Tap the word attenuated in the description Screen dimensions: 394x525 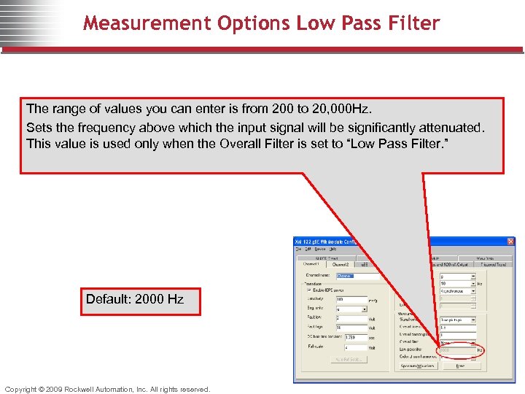(x=445, y=127)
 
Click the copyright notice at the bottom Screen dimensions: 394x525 (x=107, y=389)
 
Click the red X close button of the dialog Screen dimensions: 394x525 (x=510, y=242)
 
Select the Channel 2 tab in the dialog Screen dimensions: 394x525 (x=341, y=265)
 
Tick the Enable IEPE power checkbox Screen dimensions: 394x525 (x=308, y=290)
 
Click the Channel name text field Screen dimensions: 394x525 (x=357, y=276)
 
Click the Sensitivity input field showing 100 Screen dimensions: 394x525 (x=350, y=300)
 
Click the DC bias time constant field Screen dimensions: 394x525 (x=350, y=337)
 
